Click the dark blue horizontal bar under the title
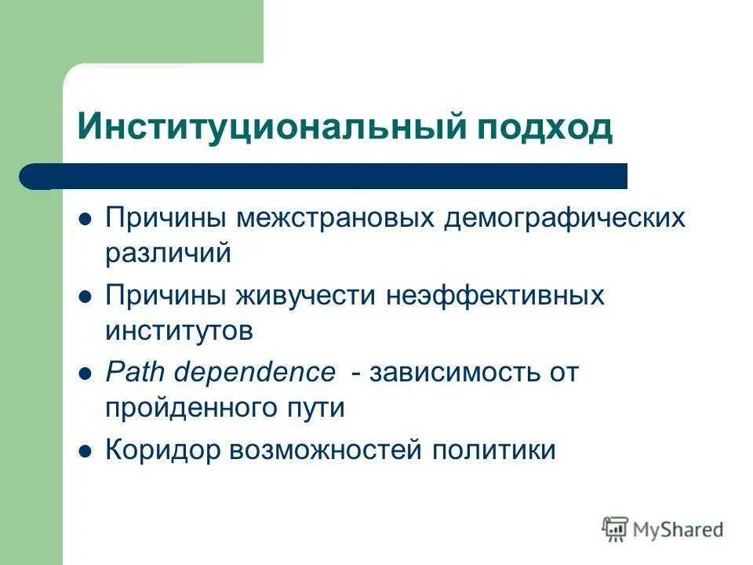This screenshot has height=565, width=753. pos(329,177)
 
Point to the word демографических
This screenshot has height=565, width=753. pos(564,218)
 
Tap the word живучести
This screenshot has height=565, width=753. pos(302,296)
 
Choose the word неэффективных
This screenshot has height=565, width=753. pos(495,296)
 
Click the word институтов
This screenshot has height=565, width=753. pos(180,330)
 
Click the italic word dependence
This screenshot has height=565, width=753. pos(254,372)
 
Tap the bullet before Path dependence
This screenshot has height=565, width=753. pos(88,373)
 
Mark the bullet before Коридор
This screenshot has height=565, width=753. pos(88,450)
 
